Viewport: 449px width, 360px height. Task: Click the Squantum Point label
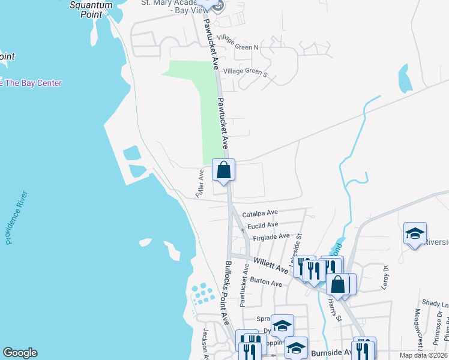(x=92, y=10)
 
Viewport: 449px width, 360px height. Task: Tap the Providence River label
(x=17, y=217)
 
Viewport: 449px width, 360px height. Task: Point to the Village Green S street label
(x=244, y=71)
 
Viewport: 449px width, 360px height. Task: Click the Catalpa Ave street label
(x=260, y=213)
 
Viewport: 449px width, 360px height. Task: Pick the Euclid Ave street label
(x=262, y=225)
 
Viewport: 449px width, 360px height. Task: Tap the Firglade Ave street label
(x=271, y=238)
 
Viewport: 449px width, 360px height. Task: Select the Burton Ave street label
(x=266, y=282)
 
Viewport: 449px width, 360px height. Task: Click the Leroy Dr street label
(x=385, y=278)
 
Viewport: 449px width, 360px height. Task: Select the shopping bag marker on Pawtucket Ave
(x=223, y=170)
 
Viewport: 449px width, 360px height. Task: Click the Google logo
(x=20, y=353)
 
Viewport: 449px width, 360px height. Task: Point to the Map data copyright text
(x=424, y=355)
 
